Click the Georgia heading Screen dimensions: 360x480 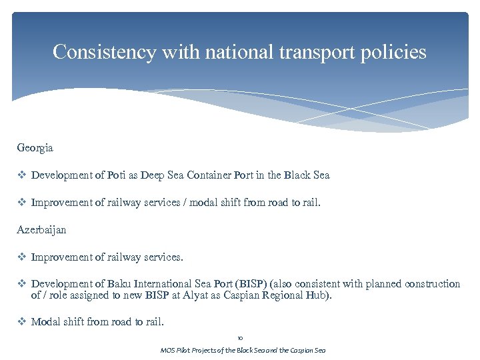pyautogui.click(x=35, y=147)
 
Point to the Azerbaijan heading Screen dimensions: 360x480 pyautogui.click(x=41, y=229)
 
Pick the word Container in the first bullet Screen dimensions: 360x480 pyautogui.click(x=209, y=175)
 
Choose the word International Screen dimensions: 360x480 pyautogui.click(x=165, y=284)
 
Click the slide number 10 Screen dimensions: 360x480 pyautogui.click(x=240, y=338)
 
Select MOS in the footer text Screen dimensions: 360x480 pyautogui.click(x=167, y=350)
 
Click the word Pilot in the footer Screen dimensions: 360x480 pyautogui.click(x=185, y=350)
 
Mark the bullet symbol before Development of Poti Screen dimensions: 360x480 pyautogui.click(x=22, y=175)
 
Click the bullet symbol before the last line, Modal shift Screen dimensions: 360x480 pyautogui.click(x=22, y=322)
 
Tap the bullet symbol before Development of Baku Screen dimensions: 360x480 pyautogui.click(x=22, y=284)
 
